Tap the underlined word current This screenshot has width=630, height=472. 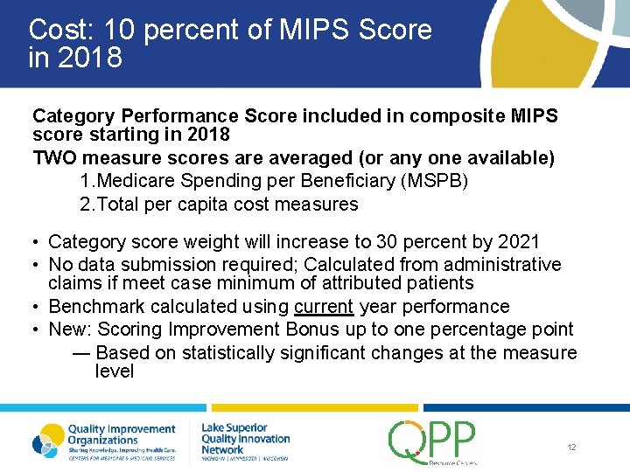[x=324, y=307]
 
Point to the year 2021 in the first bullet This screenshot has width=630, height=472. [x=517, y=242]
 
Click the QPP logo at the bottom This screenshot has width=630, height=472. [x=432, y=441]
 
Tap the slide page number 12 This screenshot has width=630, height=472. [x=571, y=448]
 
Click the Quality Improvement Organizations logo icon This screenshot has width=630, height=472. [x=48, y=441]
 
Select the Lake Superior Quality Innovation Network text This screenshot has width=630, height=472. [x=245, y=438]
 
